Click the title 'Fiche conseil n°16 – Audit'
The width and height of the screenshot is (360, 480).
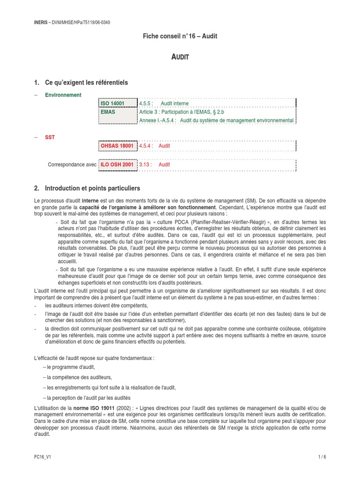(x=180, y=36)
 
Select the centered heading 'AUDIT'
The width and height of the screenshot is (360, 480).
(x=180, y=57)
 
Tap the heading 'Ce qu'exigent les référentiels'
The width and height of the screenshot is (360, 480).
(x=86, y=82)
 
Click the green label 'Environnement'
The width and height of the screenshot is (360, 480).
(x=63, y=95)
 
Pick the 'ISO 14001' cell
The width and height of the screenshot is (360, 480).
(x=112, y=104)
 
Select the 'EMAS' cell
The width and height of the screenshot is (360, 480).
(x=108, y=112)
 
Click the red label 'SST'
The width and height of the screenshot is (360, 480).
(x=50, y=137)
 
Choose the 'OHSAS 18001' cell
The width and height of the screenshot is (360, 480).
(x=117, y=146)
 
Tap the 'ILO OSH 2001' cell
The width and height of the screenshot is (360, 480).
(x=117, y=165)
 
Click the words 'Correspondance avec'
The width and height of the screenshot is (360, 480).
(x=72, y=165)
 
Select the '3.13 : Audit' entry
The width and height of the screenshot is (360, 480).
(x=155, y=165)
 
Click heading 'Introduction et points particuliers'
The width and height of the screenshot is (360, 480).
(x=92, y=188)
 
